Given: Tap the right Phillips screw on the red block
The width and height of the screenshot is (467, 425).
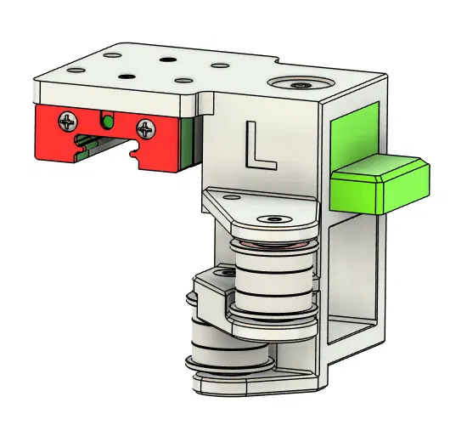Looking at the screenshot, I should coord(146,130).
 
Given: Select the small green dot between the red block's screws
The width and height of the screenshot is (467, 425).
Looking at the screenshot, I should coord(107,122).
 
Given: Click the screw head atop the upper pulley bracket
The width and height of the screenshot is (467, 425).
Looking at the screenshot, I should coord(273,219).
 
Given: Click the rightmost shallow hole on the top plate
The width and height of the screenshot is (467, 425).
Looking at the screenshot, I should coord(219,65).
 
